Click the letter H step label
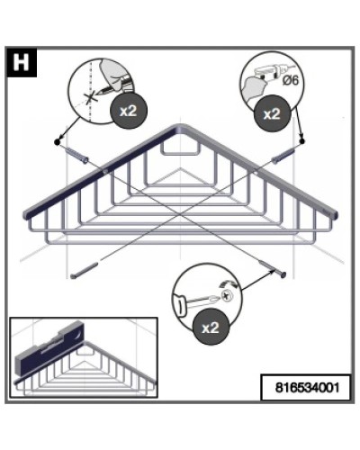click(21, 62)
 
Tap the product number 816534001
click(307, 387)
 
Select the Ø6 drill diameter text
click(291, 80)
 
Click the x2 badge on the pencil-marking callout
click(128, 111)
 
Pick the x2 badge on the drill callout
click(272, 113)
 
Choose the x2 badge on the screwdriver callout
click(211, 328)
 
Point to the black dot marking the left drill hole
click(57, 141)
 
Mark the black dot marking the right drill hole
click(301, 140)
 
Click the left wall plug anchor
click(76, 155)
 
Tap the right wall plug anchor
click(283, 156)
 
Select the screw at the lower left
click(85, 270)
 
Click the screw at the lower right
click(273, 269)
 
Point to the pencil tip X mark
click(89, 97)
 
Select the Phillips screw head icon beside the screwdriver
click(227, 296)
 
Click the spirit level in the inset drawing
click(50, 348)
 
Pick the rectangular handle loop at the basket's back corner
click(180, 149)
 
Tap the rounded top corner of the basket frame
click(180, 127)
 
